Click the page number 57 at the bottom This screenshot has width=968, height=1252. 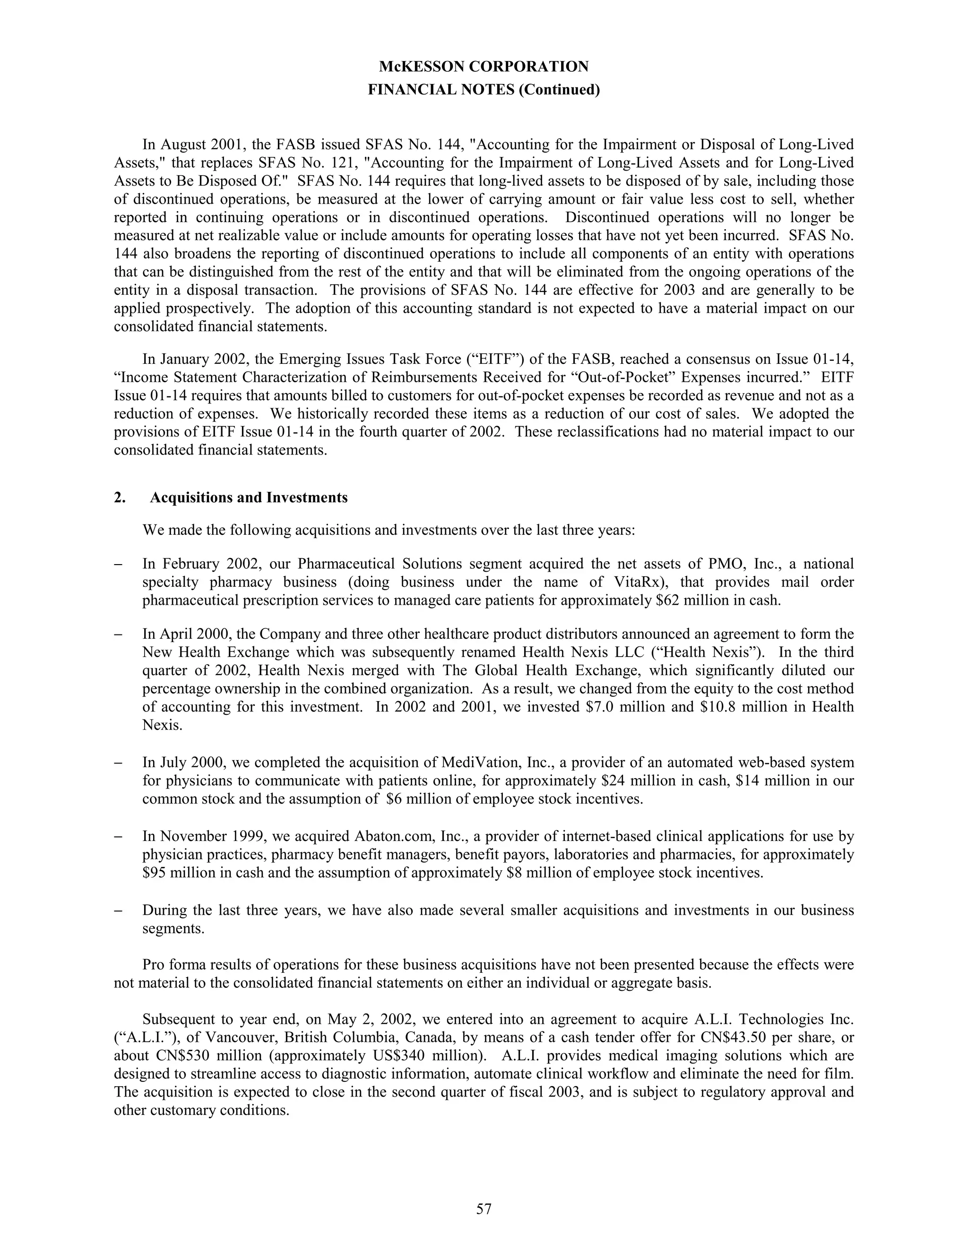pyautogui.click(x=484, y=1209)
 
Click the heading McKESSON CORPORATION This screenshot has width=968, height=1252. pyautogui.click(x=484, y=67)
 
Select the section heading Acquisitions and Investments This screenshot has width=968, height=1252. pyautogui.click(x=248, y=497)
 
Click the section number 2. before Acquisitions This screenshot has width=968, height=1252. pyautogui.click(x=119, y=497)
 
